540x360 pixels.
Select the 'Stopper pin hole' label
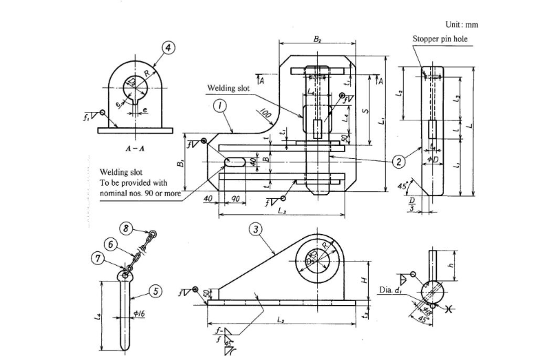point(440,39)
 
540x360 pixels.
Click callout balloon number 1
point(219,105)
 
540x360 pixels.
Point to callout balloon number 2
point(398,162)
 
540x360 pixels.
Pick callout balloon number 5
point(155,291)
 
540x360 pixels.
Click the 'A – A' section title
point(134,148)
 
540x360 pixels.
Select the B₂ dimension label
point(317,40)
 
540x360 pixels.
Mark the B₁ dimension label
point(180,163)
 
